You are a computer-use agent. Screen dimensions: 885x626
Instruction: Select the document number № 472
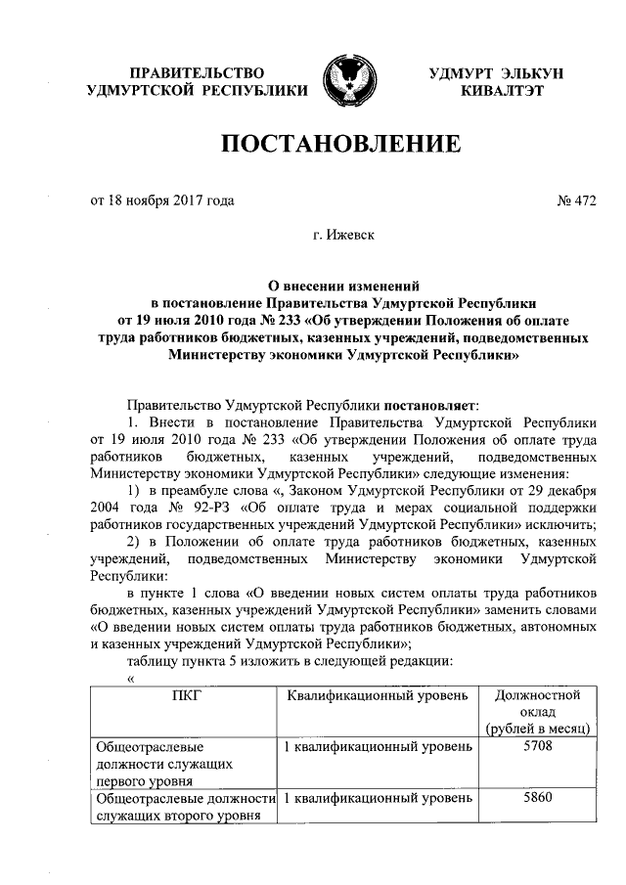[576, 201]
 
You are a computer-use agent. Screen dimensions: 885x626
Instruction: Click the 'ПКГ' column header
[183, 695]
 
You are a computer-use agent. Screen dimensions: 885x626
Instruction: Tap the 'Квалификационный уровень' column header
[378, 695]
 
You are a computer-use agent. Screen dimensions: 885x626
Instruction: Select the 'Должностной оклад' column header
[539, 703]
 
